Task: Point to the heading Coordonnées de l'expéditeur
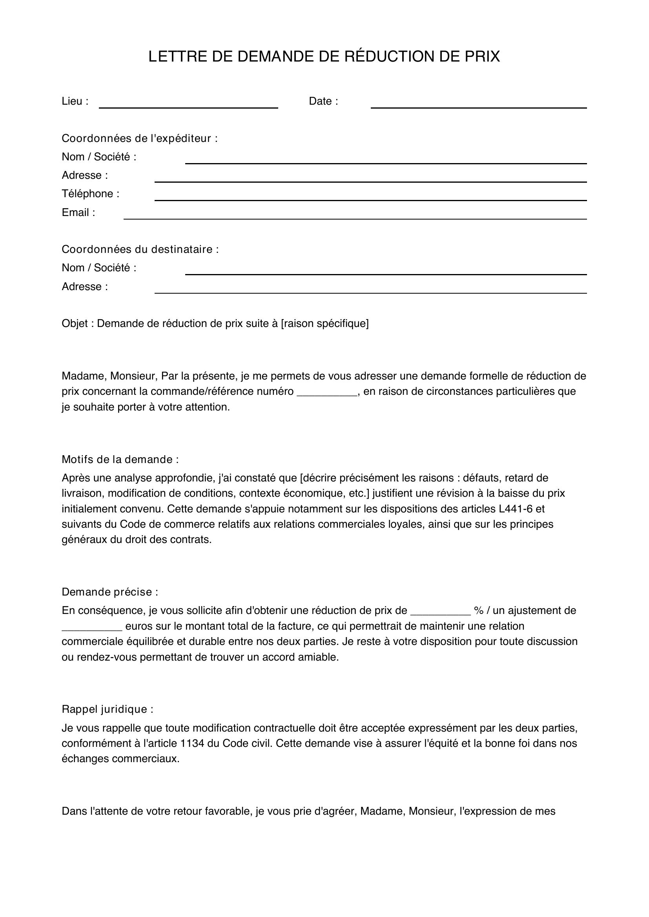139,138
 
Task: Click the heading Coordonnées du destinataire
140,249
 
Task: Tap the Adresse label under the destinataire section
84,286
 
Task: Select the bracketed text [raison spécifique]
324,323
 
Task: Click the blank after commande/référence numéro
327,392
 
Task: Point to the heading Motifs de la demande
120,459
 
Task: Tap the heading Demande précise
109,592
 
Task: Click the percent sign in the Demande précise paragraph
478,610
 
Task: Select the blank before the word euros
91,626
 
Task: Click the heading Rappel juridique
107,709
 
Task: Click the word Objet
74,323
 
